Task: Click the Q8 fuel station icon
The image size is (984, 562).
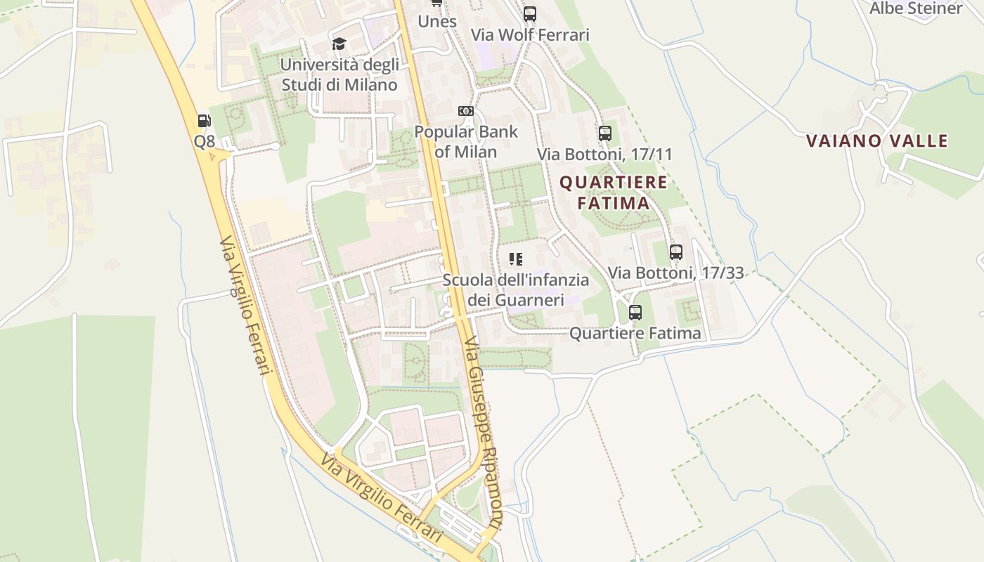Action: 204,121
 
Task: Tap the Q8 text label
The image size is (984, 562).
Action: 204,142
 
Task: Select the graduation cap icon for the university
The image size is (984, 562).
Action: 339,44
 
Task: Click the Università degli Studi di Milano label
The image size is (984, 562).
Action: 339,75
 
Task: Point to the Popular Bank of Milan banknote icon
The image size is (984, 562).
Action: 465,111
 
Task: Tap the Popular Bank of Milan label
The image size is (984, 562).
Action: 465,141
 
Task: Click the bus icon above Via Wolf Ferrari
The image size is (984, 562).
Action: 530,13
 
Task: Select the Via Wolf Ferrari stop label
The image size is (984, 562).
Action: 530,34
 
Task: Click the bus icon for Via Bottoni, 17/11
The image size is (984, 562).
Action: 605,133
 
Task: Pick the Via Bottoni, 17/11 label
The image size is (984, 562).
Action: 605,154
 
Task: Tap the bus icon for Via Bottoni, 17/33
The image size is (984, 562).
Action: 676,251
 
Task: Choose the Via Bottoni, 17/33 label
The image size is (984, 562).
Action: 676,273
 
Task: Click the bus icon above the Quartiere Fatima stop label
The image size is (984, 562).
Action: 635,312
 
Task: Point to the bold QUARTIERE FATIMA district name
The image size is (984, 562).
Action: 614,192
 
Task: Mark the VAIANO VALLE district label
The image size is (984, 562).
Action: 877,140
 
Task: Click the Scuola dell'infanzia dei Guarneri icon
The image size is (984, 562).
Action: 516,259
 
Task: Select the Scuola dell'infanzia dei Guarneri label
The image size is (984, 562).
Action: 516,289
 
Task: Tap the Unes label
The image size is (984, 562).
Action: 437,21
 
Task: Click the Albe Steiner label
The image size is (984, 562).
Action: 916,8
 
